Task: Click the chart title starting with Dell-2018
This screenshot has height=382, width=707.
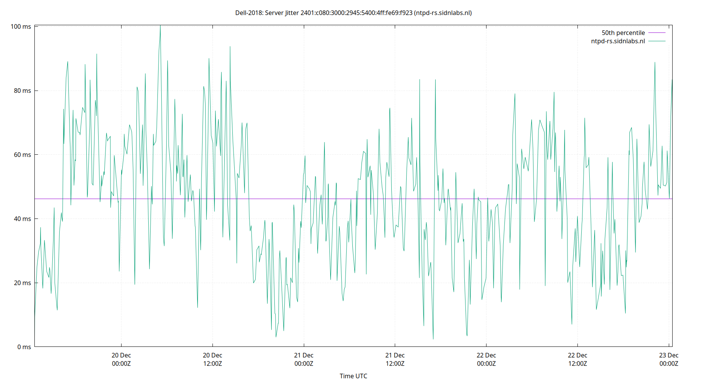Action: pos(353,13)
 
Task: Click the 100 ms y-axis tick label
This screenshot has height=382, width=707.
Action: pos(21,27)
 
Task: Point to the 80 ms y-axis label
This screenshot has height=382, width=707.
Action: pos(22,91)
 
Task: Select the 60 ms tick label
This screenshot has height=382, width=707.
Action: pos(22,155)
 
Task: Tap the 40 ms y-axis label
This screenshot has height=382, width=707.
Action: pos(22,219)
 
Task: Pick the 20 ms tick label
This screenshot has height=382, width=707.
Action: pos(22,283)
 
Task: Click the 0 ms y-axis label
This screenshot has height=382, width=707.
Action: pos(24,347)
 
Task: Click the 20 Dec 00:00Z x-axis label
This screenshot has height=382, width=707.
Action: pos(121,359)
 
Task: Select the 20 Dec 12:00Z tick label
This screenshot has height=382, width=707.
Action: pos(212,359)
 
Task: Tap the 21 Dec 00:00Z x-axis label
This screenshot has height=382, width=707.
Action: pos(304,359)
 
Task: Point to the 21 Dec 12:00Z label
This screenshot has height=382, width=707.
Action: pos(395,359)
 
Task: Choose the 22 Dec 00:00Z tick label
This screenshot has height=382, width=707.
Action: pos(486,359)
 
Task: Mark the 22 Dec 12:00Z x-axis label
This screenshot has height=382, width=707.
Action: pos(577,359)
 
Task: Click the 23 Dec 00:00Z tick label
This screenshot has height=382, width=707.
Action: pos(669,359)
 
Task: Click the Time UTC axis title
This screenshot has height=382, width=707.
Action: pos(353,376)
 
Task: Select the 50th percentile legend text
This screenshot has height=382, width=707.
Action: pos(623,33)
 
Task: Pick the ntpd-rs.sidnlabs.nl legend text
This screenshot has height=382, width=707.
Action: pos(618,41)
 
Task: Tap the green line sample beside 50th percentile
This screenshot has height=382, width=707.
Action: pos(657,33)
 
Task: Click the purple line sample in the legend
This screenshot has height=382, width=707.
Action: pos(657,41)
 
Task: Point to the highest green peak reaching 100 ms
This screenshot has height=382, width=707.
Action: pos(160,26)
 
